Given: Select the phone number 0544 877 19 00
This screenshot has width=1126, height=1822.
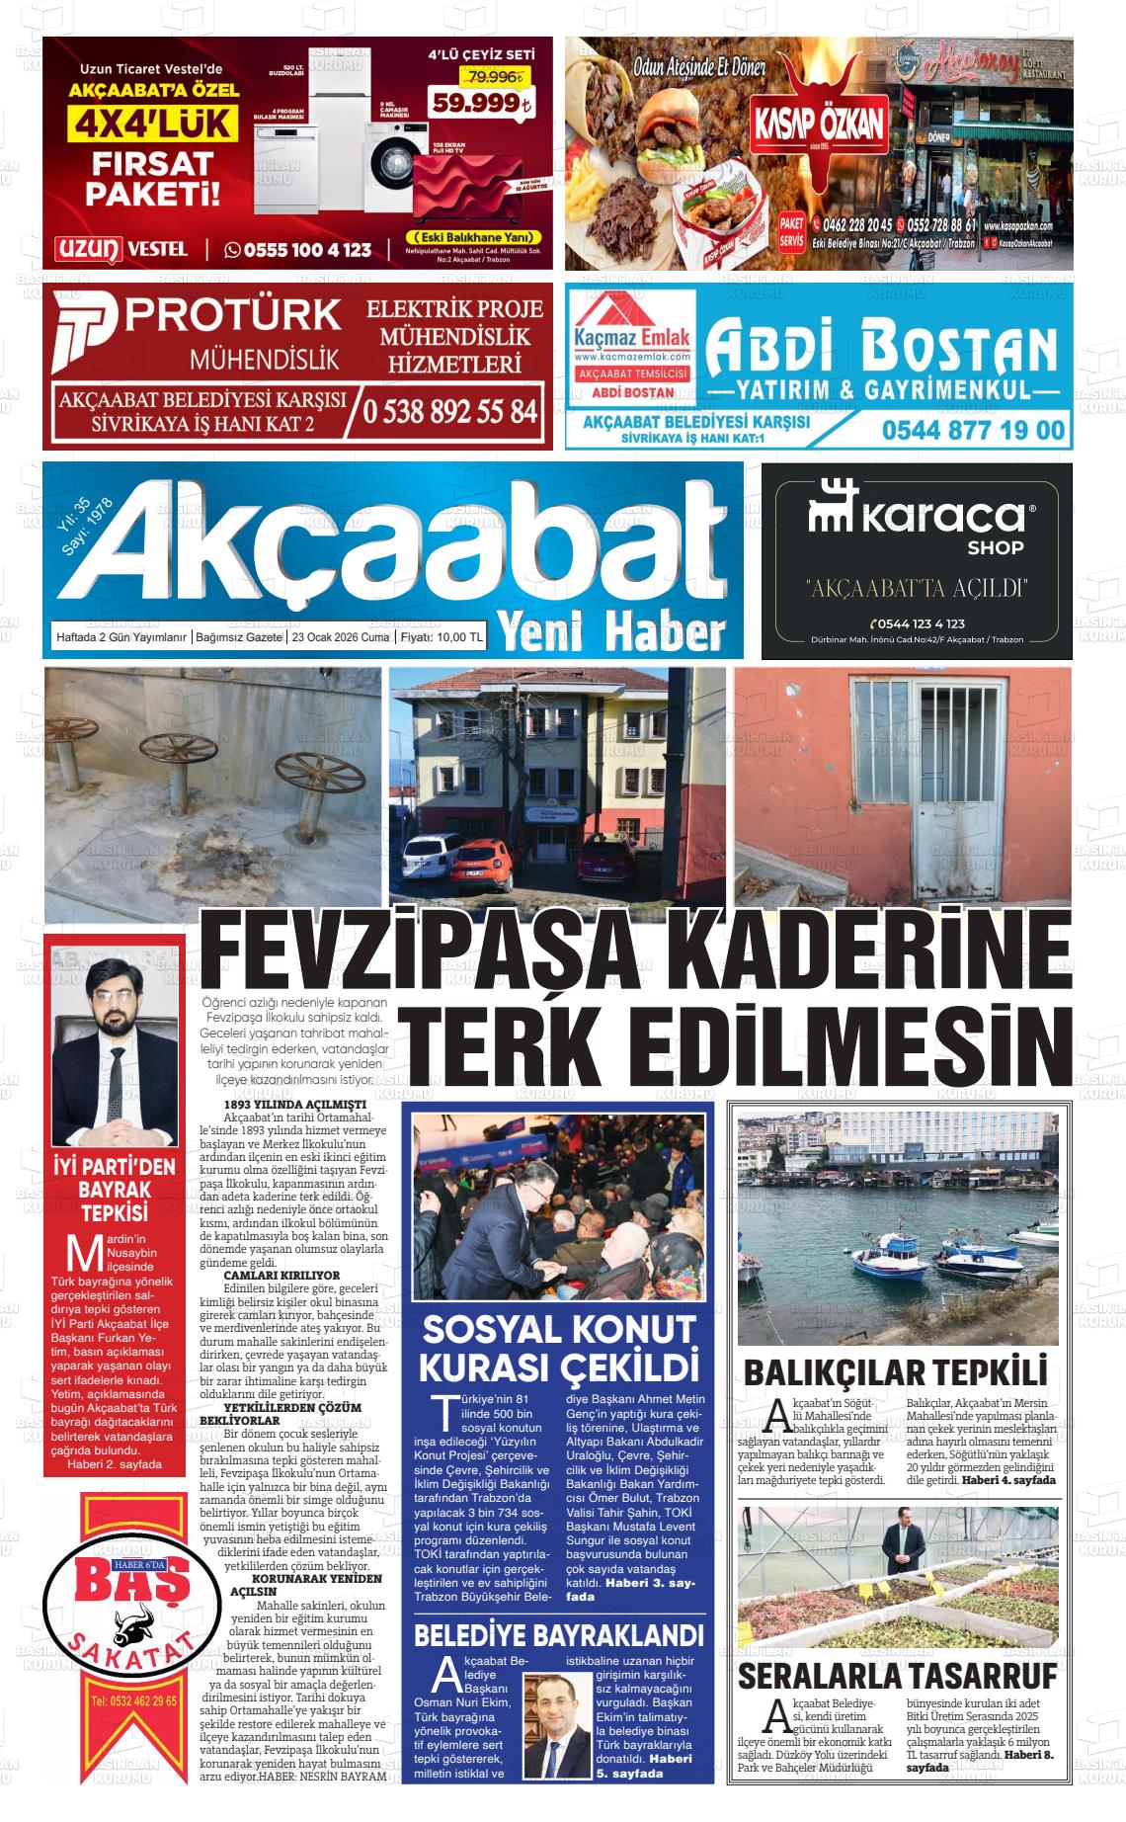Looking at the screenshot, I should [973, 430].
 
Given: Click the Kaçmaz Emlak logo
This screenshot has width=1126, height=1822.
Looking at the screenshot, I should [632, 336].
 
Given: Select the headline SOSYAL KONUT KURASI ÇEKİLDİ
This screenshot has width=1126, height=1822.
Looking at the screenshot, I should [559, 1348].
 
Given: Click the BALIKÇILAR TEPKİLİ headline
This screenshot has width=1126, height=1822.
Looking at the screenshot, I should [894, 1372].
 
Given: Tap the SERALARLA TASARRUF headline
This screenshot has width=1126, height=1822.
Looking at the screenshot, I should [897, 1676].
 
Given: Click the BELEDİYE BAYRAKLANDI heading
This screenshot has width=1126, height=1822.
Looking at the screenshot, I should [558, 1634].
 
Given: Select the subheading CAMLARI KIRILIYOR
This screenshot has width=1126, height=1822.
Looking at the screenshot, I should [281, 1276].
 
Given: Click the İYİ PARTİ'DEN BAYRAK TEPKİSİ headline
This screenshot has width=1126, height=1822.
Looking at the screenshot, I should [115, 1190].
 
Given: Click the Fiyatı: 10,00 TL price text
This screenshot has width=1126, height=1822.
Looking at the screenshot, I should [441, 638].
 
